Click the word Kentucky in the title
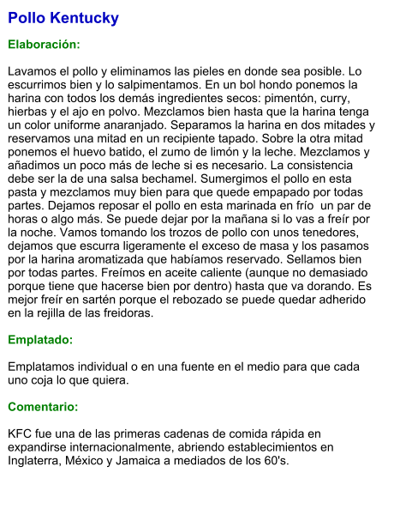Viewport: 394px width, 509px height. [85, 18]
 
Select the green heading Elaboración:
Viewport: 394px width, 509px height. [44, 44]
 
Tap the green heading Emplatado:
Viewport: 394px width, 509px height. [40, 340]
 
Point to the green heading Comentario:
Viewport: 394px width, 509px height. [43, 406]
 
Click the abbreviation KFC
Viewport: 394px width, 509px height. [21, 433]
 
